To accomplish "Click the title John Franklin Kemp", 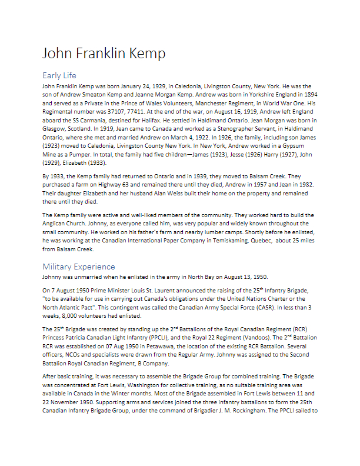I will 104,54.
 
